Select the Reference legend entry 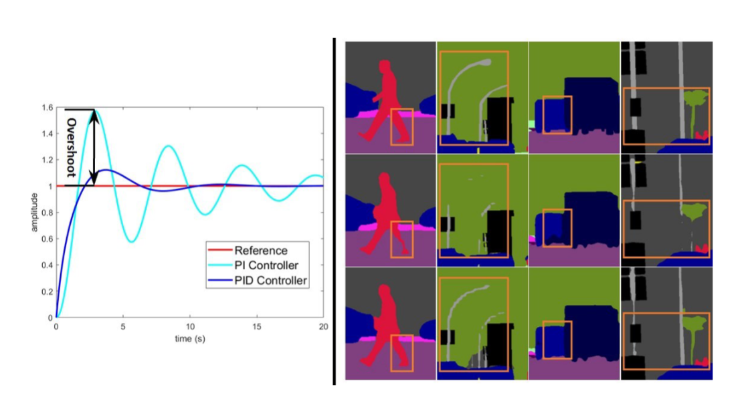coord(260,251)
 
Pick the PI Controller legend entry coord(266,265)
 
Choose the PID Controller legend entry coord(270,281)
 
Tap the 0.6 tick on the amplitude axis coord(45,239)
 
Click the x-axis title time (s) coord(189,340)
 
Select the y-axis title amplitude coord(33,213)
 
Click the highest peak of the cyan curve coord(95,110)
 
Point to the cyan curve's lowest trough coord(132,241)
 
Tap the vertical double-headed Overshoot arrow coord(94,147)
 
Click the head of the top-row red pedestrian coord(384,66)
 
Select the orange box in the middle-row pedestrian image coord(401,239)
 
